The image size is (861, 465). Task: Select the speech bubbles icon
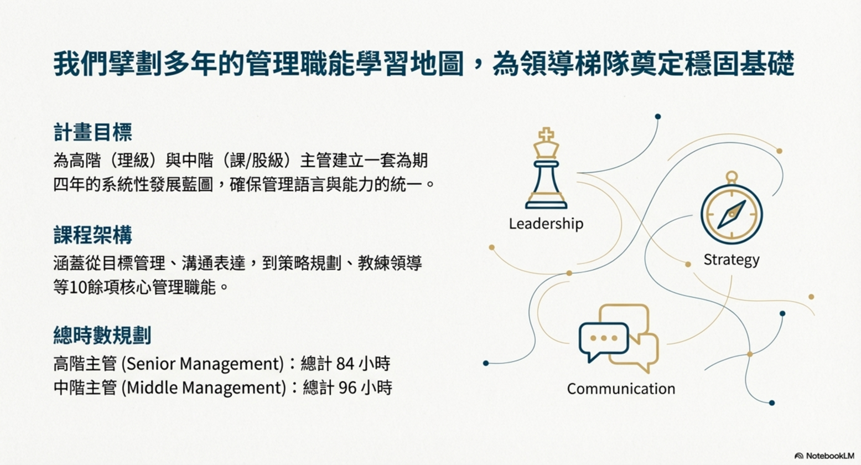coord(619,338)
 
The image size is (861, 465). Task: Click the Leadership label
coord(546,224)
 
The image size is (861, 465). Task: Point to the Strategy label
coord(732,260)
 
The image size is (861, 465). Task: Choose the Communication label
coord(621,389)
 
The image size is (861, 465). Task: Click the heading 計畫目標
coord(92,132)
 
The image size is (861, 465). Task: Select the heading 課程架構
coord(92,235)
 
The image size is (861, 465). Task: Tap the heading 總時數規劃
coord(102,335)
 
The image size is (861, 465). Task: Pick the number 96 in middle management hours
coord(347,387)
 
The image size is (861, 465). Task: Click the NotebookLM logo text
coord(829,456)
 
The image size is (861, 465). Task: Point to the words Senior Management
coord(203,364)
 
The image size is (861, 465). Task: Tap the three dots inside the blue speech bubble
coord(604,338)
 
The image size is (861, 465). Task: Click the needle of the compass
coord(732,214)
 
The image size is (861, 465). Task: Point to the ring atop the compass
coord(732,177)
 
